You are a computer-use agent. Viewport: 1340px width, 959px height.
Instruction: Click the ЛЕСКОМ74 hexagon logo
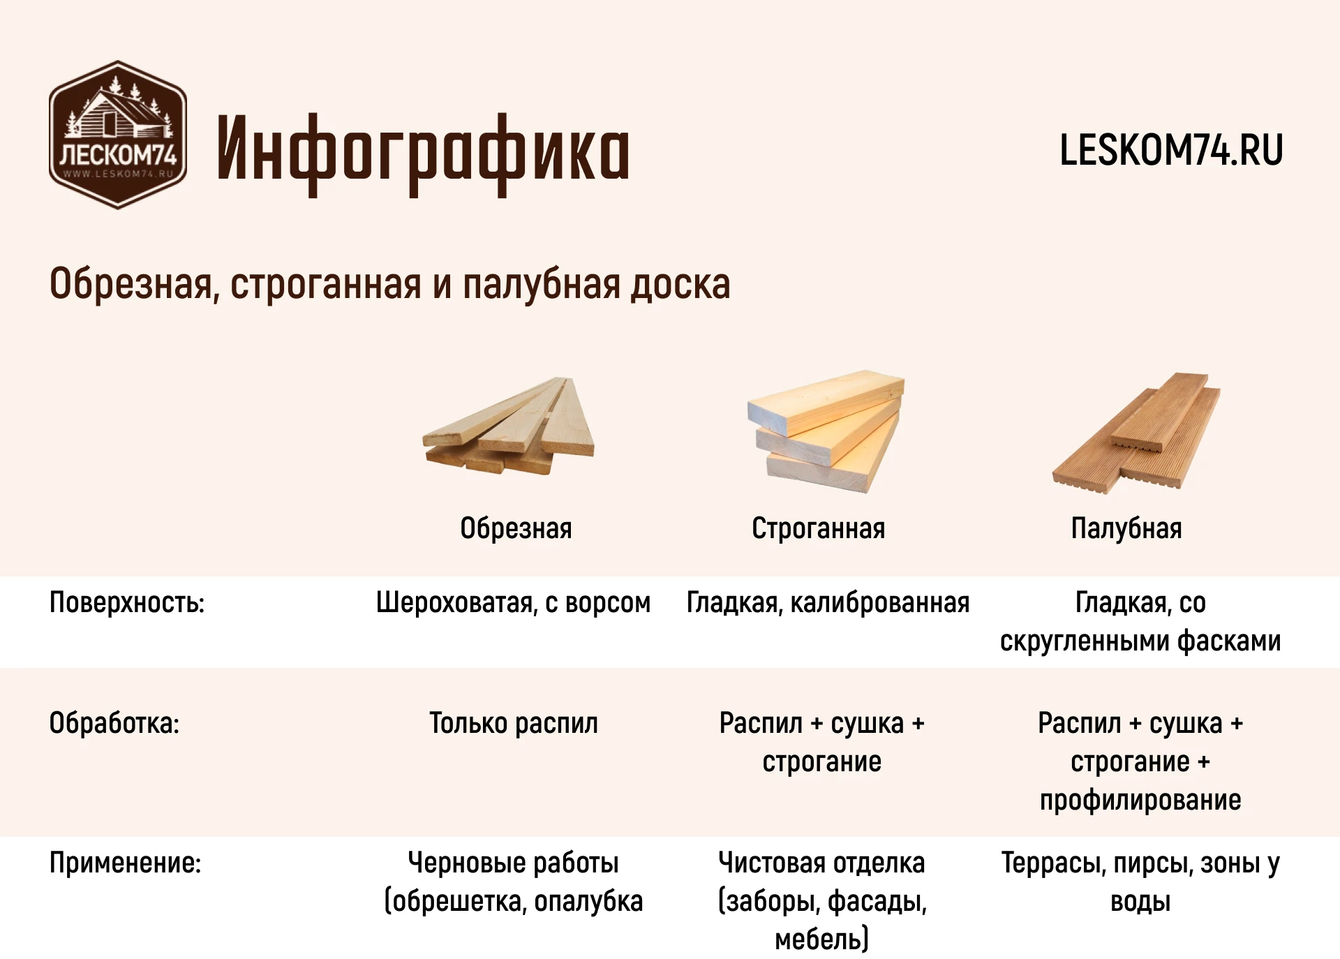[x=118, y=135]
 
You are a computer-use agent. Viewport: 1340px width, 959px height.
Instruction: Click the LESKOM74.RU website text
[x=1171, y=150]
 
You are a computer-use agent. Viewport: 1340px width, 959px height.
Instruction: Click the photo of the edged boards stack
[x=509, y=426]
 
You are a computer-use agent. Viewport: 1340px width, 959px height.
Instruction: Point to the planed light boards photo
[x=826, y=431]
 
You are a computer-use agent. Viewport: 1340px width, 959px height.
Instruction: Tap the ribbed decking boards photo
[x=1136, y=433]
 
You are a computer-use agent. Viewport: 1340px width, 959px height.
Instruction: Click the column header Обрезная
[x=516, y=528]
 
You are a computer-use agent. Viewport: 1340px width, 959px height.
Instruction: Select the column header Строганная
[x=818, y=528]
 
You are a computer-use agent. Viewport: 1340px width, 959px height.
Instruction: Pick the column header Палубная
[x=1126, y=528]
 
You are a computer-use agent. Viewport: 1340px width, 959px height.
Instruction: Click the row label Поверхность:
[x=127, y=602]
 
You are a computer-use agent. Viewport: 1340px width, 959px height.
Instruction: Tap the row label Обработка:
[x=114, y=723]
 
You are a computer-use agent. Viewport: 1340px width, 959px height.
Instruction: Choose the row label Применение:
[x=126, y=863]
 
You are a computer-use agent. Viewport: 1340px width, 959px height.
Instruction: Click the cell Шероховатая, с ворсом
[x=513, y=602]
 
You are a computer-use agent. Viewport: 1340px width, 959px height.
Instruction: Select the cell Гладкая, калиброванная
[x=828, y=602]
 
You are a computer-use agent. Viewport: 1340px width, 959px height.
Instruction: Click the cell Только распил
[x=514, y=724]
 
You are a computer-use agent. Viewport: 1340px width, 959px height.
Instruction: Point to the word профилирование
[x=1140, y=800]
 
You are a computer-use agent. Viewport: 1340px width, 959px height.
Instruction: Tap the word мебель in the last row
[x=817, y=939]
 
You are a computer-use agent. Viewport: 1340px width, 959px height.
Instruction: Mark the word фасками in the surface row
[x=1229, y=641]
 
